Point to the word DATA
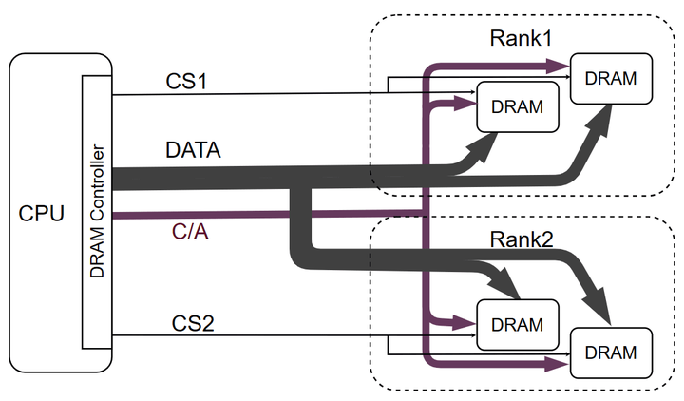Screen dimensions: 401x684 click(193, 149)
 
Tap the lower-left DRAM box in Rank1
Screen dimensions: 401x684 click(516, 106)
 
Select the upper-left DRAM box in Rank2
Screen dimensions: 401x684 click(516, 324)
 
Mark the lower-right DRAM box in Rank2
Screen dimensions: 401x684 click(610, 352)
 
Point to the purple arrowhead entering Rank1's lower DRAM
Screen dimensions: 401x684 click(467, 99)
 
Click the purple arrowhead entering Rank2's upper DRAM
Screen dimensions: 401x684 click(467, 323)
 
